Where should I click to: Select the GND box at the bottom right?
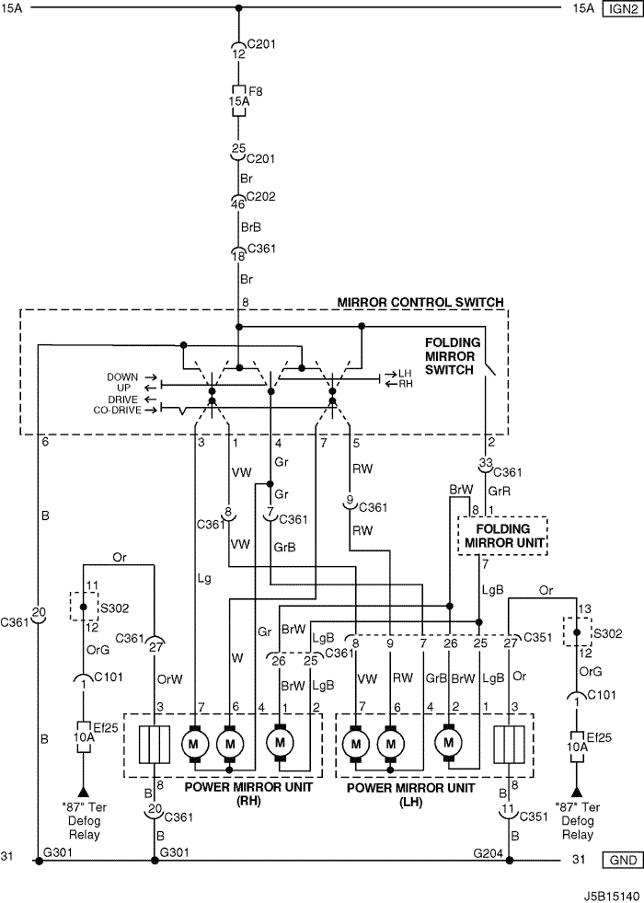[622, 861]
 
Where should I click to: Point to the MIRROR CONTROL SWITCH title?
[420, 302]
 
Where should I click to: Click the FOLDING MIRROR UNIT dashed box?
[502, 536]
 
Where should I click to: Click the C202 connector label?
[260, 197]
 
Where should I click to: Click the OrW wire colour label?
[170, 679]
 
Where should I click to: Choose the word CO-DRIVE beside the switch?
[116, 410]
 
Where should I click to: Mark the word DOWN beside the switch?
[122, 377]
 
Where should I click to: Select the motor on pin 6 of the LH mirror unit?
[391, 744]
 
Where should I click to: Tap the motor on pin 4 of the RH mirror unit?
[281, 742]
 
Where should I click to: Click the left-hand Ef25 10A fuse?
[84, 736]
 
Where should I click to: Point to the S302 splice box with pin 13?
[577, 631]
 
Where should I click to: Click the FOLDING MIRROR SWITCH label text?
[452, 356]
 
